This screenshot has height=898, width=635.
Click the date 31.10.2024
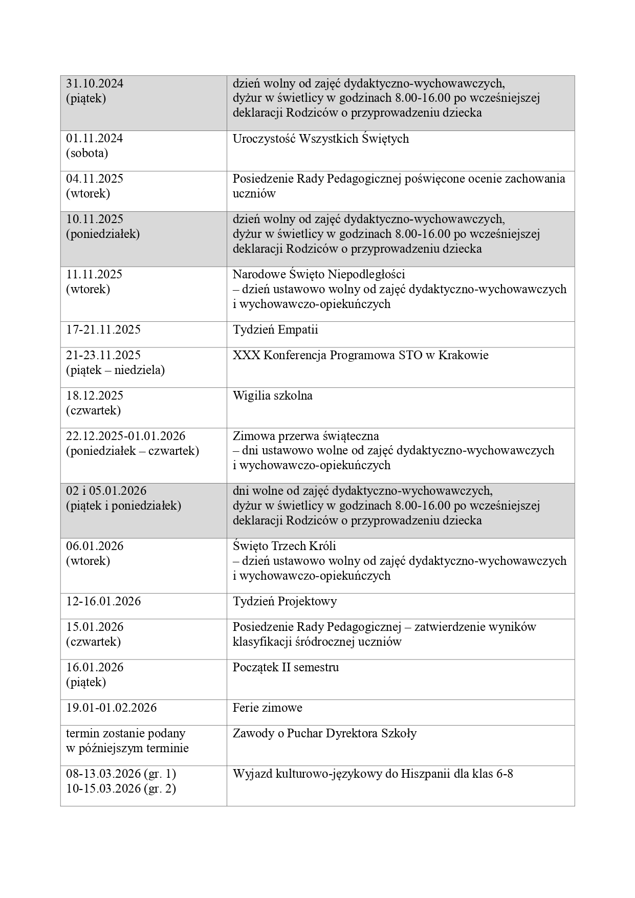[95, 84]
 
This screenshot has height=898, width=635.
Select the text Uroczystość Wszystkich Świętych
[320, 139]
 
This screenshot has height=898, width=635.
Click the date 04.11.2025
[95, 179]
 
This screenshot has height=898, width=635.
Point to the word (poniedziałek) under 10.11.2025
[103, 234]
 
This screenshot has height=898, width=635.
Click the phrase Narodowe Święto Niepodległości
[319, 274]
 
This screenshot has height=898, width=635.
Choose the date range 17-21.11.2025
[103, 330]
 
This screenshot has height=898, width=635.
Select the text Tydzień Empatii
[275, 330]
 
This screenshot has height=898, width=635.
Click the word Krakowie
[464, 355]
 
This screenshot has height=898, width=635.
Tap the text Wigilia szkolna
[272, 396]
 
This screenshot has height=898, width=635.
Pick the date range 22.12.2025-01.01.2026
[126, 436]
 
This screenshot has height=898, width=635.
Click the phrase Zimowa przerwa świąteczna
[305, 436]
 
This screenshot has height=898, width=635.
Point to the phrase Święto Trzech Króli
[284, 546]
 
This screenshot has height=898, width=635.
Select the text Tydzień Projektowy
[284, 601]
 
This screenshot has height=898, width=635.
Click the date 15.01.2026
[95, 627]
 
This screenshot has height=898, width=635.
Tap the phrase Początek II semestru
[286, 667]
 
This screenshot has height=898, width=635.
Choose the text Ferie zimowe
[267, 708]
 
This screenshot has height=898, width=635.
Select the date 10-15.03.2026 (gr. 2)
[121, 789]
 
